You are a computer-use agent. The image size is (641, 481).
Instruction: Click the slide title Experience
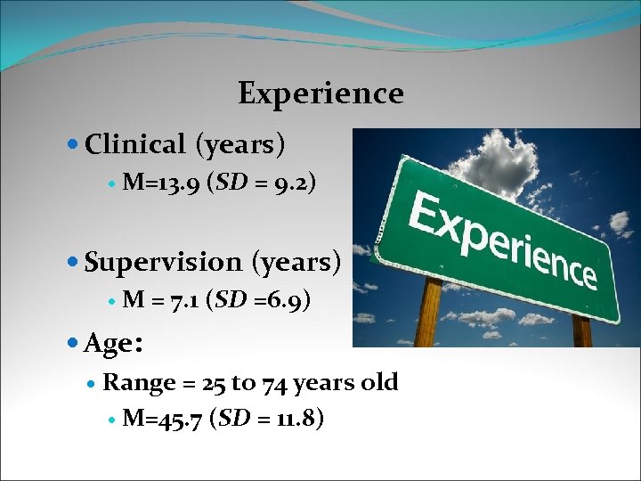(320, 93)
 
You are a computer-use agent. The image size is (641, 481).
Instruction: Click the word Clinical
(135, 143)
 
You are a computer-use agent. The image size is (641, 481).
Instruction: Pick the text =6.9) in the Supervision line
(281, 301)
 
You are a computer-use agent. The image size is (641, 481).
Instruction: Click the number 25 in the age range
(214, 383)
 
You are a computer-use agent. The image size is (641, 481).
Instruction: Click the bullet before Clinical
(73, 144)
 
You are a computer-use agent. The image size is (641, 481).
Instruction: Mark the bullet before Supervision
(73, 263)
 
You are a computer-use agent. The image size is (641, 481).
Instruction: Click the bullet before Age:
(73, 343)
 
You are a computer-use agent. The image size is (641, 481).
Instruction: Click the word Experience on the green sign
(503, 236)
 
